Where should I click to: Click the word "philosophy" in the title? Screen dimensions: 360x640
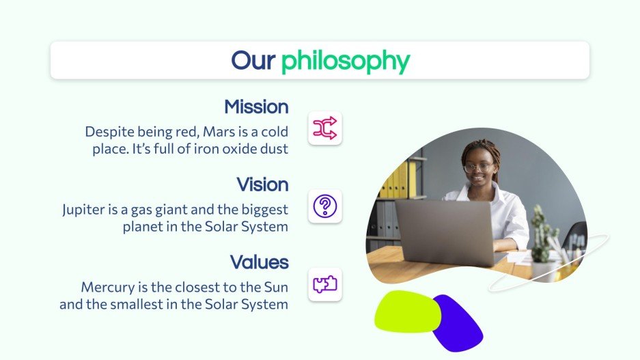coord(345,61)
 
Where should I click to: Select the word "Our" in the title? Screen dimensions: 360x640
coord(253,60)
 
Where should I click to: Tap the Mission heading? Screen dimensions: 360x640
coord(256,107)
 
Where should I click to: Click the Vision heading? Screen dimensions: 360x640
coord(262,184)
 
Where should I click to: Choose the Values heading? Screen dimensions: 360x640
coord(259,262)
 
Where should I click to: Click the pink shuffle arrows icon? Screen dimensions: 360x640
coord(324,128)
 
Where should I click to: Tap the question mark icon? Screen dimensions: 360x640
coord(324,206)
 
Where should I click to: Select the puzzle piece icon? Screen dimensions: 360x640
coord(324,283)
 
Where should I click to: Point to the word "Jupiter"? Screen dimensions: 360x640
coord(85,209)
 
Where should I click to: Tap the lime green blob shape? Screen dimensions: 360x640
coord(407,311)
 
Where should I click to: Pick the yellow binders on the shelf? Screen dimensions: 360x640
coord(399,180)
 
